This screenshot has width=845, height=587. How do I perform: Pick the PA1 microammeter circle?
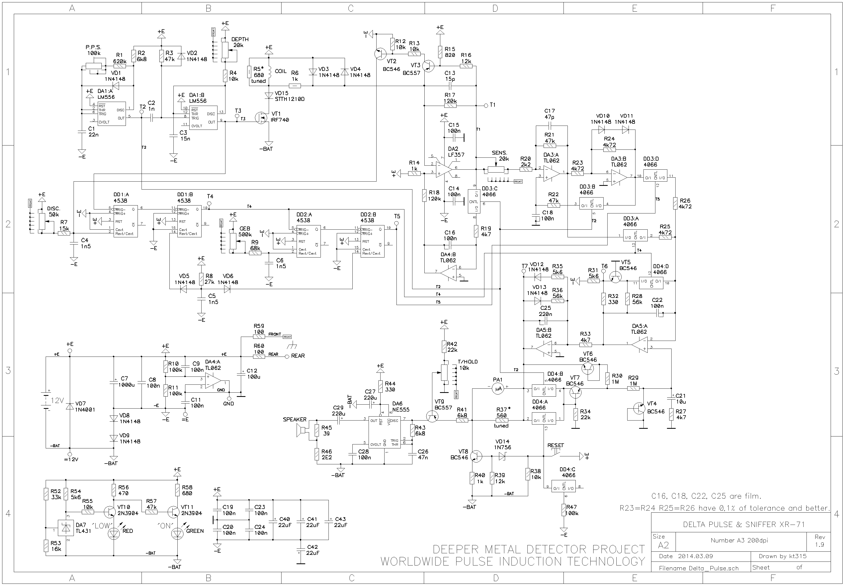pyautogui.click(x=497, y=388)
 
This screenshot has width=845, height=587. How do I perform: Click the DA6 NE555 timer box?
pyautogui.click(x=385, y=432)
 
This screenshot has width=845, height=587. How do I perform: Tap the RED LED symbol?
pyautogui.click(x=113, y=534)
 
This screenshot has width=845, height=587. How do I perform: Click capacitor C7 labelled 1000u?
pyautogui.click(x=114, y=383)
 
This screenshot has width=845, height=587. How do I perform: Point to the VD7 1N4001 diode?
pyautogui.click(x=70, y=406)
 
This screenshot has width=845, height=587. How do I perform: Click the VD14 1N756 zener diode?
pyautogui.click(x=502, y=456)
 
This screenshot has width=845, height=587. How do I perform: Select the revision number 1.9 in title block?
pyautogui.click(x=819, y=544)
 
